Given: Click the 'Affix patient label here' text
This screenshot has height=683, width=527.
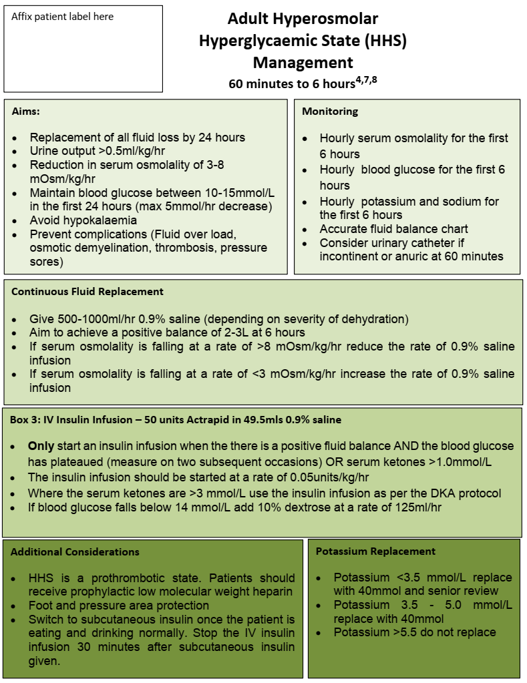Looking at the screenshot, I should click(62, 17).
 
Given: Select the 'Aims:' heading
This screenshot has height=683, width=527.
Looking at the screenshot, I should click(26, 111).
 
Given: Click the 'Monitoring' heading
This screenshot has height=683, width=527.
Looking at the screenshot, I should click(330, 111).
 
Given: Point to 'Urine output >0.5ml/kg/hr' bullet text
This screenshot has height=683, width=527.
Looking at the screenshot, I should click(98, 151).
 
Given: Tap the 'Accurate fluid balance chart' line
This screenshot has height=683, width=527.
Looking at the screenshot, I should click(394, 229).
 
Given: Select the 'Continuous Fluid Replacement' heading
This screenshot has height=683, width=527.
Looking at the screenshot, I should click(87, 292).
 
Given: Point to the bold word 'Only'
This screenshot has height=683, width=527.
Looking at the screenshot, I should click(40, 446).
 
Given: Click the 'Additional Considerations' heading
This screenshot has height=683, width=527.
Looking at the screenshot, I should click(75, 551).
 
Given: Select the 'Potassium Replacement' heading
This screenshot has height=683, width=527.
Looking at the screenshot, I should click(375, 551).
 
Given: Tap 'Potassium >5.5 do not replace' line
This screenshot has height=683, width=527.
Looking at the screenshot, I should click(415, 632).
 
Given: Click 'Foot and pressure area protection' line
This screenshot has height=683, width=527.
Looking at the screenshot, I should click(119, 606).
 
